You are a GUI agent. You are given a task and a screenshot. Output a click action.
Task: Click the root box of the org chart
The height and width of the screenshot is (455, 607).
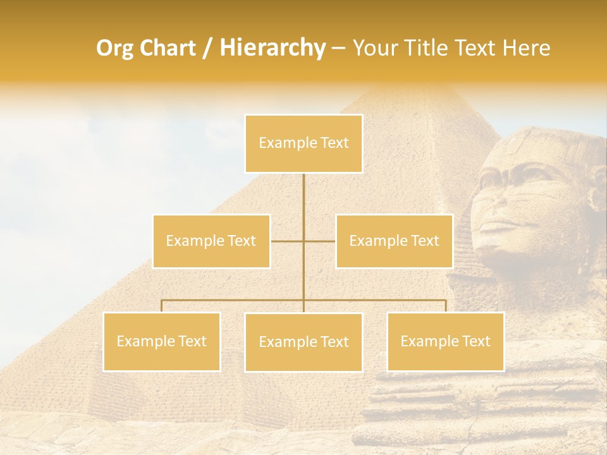[x=303, y=143]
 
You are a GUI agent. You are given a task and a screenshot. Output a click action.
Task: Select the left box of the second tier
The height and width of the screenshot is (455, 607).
[x=211, y=241]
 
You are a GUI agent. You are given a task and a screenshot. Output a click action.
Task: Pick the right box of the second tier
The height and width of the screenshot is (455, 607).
[x=394, y=241]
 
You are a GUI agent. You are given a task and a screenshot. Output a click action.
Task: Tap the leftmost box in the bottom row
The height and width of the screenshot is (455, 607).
[x=162, y=341]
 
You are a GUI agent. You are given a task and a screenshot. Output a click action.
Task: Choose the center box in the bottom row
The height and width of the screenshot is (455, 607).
[x=303, y=342]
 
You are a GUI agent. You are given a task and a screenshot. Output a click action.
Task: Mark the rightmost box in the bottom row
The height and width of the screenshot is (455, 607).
[x=445, y=341]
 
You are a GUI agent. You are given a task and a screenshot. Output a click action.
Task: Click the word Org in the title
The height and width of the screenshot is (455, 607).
[x=115, y=48]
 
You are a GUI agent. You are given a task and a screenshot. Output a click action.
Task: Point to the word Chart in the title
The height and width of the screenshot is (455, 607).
[x=168, y=48]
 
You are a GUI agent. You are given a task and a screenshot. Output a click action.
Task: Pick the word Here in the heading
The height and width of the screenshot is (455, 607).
[x=526, y=48]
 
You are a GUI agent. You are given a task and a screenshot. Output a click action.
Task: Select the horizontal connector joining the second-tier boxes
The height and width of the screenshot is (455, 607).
[x=303, y=241]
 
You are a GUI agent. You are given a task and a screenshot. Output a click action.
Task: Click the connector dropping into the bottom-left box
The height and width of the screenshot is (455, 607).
[x=162, y=306]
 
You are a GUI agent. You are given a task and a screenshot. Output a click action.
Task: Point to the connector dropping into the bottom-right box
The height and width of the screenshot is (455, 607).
[x=445, y=306]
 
